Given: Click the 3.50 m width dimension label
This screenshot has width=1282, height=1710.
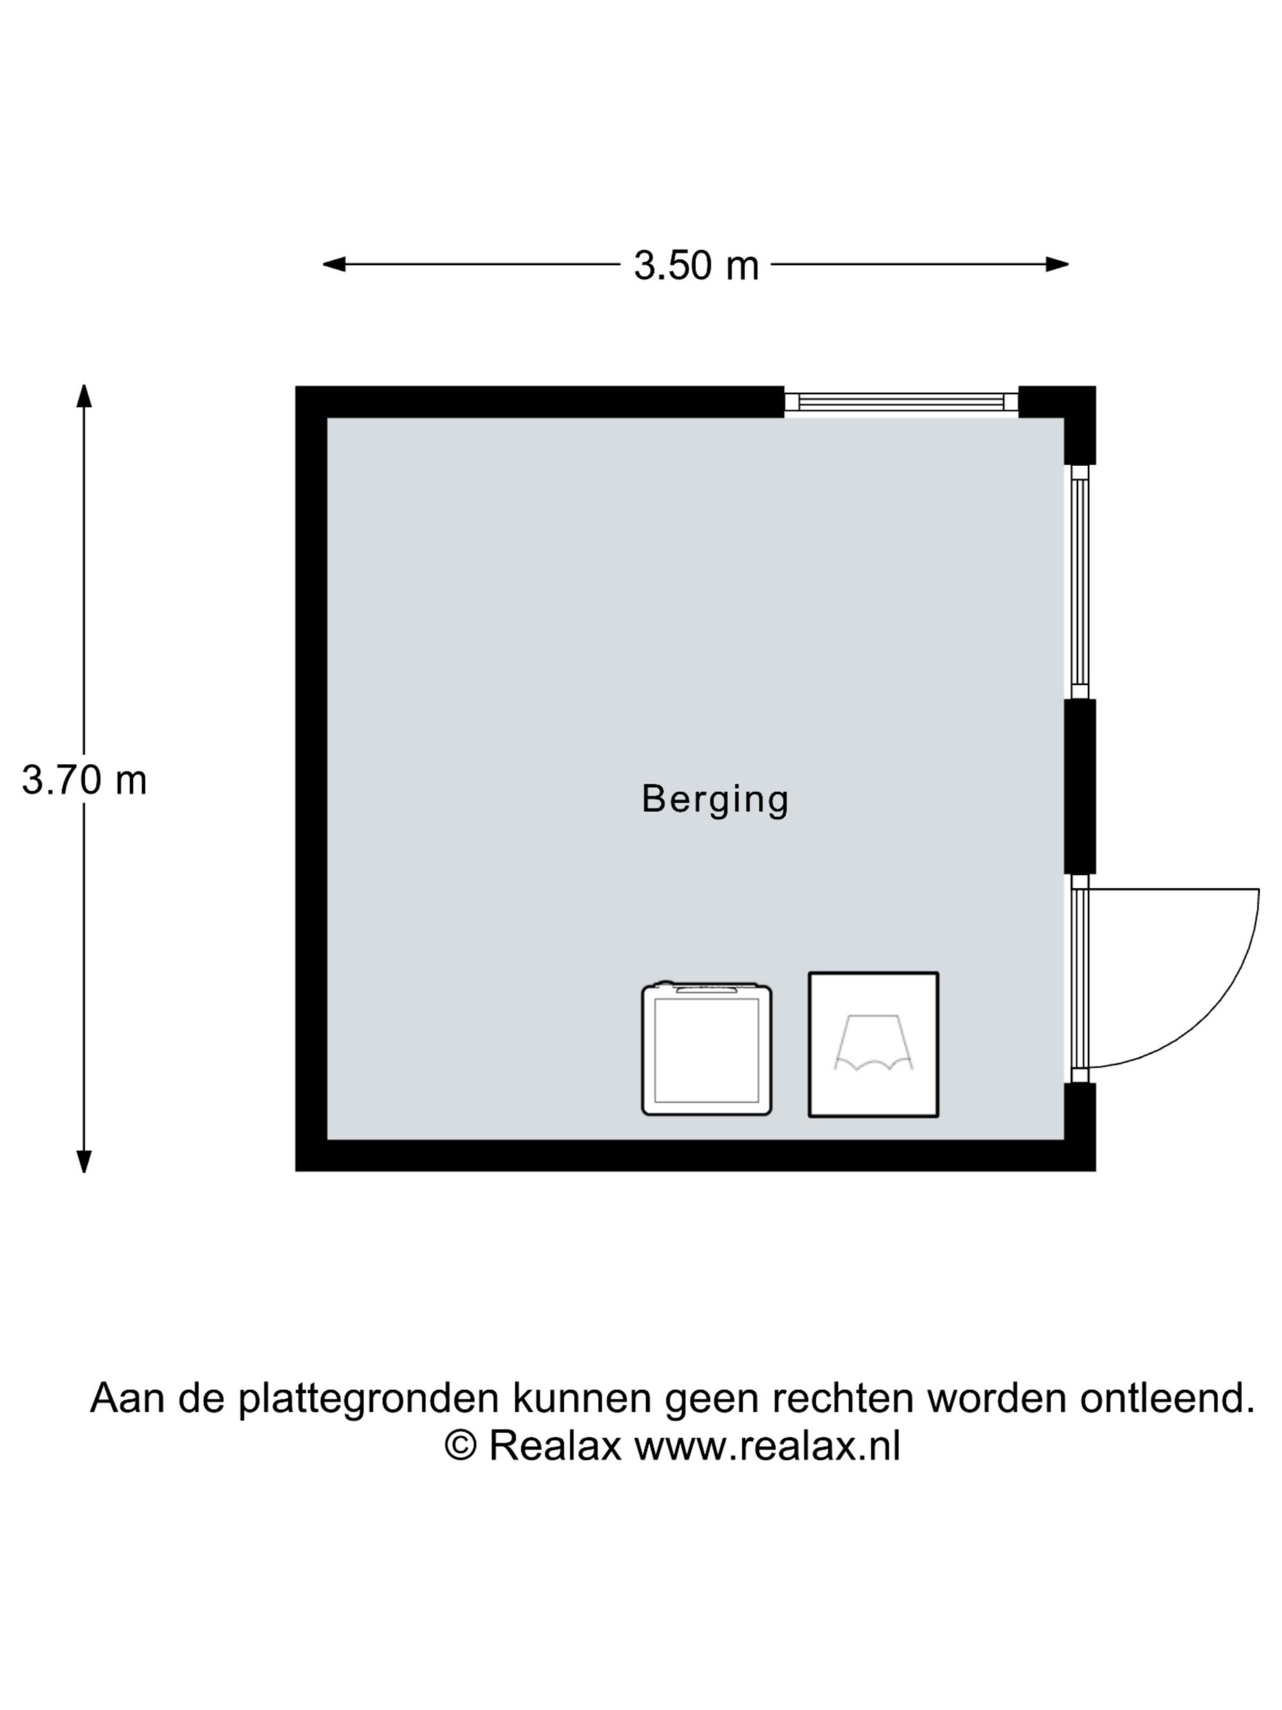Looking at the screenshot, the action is [x=695, y=265].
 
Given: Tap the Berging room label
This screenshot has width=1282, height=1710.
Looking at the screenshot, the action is [x=715, y=800].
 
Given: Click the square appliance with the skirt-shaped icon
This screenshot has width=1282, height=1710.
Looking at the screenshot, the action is [x=873, y=1044].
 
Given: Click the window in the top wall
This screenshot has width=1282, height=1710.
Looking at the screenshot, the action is [x=901, y=401].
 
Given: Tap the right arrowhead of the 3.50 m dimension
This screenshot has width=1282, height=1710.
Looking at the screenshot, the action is [x=1057, y=264].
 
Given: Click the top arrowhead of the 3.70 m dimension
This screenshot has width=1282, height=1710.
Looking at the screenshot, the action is [x=84, y=396].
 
